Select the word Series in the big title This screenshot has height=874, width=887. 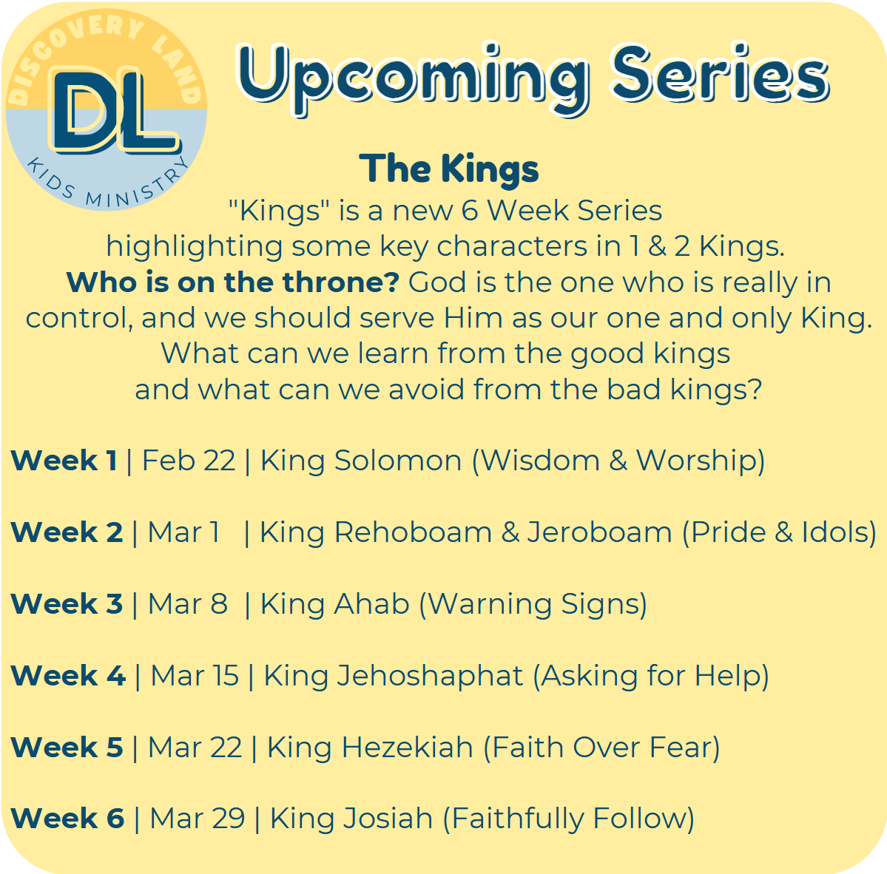pyautogui.click(x=721, y=73)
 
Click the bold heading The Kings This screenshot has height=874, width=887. pyautogui.click(x=449, y=169)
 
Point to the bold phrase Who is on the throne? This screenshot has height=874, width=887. pyautogui.click(x=233, y=282)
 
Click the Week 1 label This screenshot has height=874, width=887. pyautogui.click(x=64, y=460)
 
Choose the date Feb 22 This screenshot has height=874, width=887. pyautogui.click(x=189, y=460)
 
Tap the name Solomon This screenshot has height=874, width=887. pyautogui.click(x=398, y=460)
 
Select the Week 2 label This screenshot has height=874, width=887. pyautogui.click(x=67, y=532)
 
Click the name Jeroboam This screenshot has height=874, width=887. pyautogui.click(x=600, y=532)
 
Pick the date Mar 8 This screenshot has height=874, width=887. pyautogui.click(x=188, y=604)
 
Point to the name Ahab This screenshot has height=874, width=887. pyautogui.click(x=371, y=604)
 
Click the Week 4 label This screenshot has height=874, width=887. pyautogui.click(x=68, y=676)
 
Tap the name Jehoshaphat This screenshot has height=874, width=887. pyautogui.click(x=431, y=677)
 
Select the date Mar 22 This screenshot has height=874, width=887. pyautogui.click(x=195, y=748)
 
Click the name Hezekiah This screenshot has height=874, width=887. pyautogui.click(x=408, y=748)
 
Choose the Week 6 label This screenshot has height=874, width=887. pyautogui.click(x=67, y=819)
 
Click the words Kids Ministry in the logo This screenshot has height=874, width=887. pyautogui.click(x=107, y=183)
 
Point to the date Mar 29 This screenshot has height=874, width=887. pyautogui.click(x=198, y=819)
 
